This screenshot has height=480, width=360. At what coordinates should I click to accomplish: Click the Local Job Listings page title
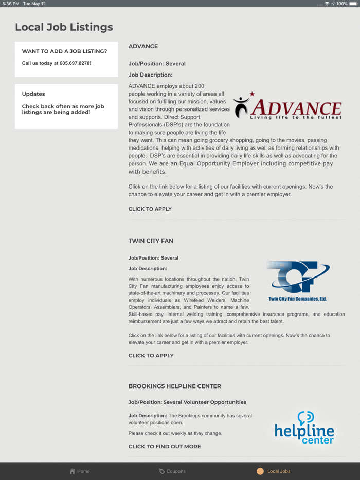64,27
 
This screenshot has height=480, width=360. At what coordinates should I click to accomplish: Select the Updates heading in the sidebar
33,94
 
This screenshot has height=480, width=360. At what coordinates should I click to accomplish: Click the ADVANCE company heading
143,46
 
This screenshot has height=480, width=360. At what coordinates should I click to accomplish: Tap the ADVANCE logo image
287,106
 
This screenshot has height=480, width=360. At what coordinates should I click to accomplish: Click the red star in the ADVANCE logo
252,94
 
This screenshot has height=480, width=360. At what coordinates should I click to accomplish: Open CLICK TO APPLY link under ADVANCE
150,209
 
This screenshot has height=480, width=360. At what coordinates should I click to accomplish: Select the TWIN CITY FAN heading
151,241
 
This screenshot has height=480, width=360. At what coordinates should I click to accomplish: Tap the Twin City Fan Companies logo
298,281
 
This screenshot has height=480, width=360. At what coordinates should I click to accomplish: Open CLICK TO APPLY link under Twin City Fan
151,356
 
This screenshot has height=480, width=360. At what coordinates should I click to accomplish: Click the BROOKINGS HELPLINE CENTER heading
175,386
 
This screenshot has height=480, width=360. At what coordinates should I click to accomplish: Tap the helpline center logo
304,428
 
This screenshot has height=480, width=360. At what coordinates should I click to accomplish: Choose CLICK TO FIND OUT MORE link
165,447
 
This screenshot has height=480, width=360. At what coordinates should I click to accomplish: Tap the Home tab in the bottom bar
80,471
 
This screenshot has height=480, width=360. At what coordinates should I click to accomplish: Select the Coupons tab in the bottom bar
172,471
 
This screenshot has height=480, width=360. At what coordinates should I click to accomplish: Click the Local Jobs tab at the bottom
274,471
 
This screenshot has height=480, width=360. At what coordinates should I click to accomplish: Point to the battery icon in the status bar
353,4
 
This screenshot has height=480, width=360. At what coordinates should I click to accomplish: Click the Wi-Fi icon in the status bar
327,4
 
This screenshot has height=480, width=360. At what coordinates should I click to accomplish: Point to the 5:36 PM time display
11,4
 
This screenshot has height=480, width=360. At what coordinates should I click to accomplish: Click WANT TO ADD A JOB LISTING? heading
64,51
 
